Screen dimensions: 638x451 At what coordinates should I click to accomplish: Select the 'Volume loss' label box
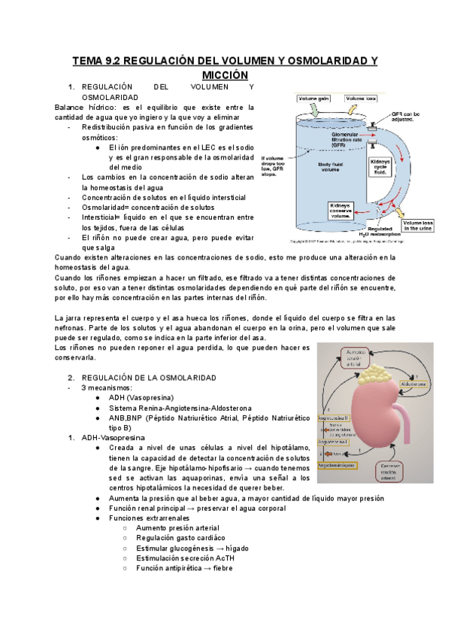pyautogui.click(x=361, y=99)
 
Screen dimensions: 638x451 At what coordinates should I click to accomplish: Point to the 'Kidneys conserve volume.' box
pyautogui.click(x=345, y=209)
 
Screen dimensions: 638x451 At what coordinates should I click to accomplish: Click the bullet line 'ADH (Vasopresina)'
pyautogui.click(x=141, y=397)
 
